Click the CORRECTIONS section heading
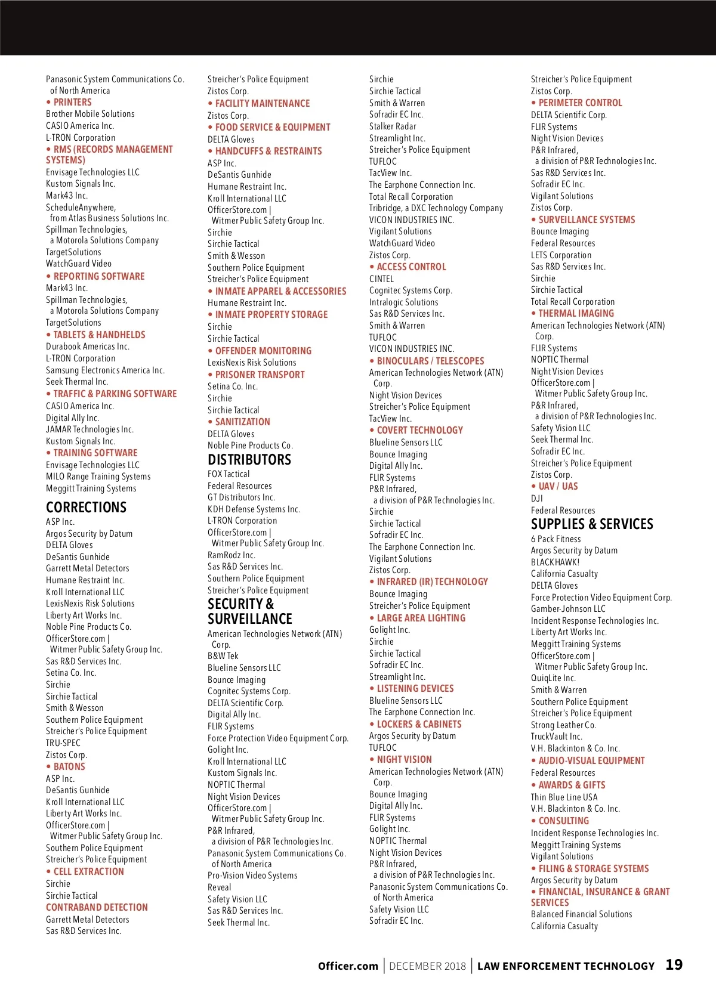86,508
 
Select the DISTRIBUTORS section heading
249,460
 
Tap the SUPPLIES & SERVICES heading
592,524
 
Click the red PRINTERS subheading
72,103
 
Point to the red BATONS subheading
69,766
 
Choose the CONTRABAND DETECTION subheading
97,907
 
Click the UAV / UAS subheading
558,486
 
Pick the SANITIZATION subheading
242,422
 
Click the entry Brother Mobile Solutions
90,114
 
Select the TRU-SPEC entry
63,743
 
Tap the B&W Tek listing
223,656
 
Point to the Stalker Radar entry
393,126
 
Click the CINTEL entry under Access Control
381,279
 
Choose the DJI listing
537,498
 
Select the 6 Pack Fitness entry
555,539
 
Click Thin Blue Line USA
564,797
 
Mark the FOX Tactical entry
229,474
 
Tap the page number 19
674,965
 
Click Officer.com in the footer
348,966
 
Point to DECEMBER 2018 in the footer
427,966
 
